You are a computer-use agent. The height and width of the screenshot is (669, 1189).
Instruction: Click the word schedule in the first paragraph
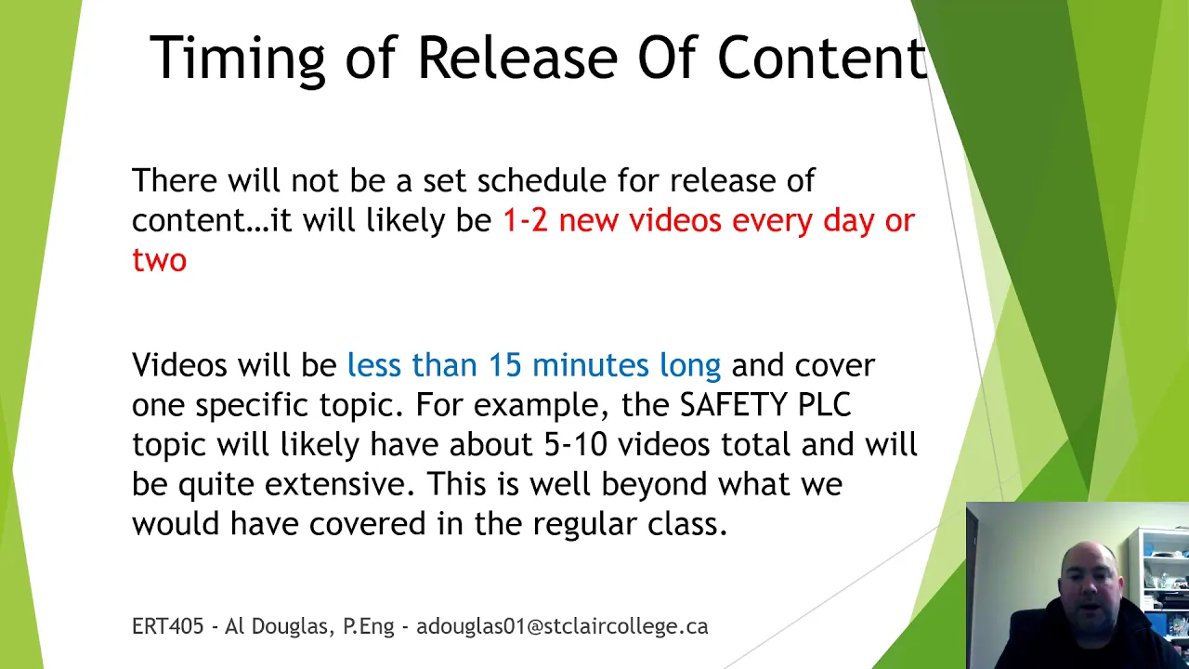point(542,179)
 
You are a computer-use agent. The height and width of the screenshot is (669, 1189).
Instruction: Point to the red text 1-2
point(525,220)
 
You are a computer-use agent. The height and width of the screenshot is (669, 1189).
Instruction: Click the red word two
point(159,259)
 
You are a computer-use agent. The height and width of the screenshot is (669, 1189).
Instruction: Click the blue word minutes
point(590,365)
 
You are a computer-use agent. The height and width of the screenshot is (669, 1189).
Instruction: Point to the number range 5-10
point(575,444)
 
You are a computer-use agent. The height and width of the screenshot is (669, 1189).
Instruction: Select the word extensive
point(340,484)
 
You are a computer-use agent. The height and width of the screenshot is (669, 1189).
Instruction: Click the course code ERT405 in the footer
point(168,626)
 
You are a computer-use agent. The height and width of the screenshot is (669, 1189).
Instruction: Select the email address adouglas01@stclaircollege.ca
point(562,626)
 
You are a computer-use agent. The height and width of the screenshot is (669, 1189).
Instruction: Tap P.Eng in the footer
point(369,627)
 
